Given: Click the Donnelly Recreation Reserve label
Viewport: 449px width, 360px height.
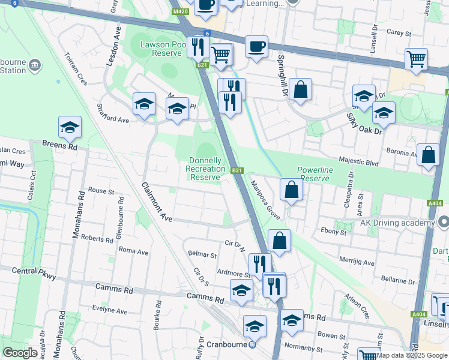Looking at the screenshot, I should click(x=205, y=169).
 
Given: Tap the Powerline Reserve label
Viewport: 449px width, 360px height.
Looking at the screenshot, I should click(x=315, y=174).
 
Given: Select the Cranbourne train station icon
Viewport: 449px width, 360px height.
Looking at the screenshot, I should click(x=253, y=344).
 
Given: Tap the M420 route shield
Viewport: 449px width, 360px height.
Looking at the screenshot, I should click(x=180, y=12).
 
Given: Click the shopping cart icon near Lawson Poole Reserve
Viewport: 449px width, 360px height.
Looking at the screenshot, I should click(x=221, y=55).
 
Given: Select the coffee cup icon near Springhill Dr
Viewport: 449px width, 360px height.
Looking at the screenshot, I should click(x=256, y=46).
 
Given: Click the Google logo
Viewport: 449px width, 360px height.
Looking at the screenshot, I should click(x=20, y=353).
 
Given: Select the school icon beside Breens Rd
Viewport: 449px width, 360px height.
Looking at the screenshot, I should click(x=70, y=127).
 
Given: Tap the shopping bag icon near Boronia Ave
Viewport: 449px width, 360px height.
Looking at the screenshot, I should click(x=428, y=155).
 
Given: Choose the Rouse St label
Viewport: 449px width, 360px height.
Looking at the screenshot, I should click(x=101, y=191).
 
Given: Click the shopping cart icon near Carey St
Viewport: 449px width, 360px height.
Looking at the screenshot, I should click(x=415, y=59).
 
